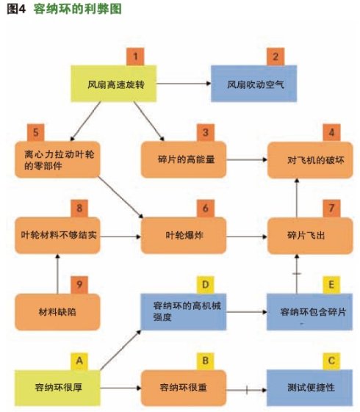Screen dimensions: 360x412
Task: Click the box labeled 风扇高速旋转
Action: pos(114,84)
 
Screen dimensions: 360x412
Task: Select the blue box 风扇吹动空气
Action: pos(254,84)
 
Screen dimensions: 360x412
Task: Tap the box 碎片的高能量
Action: pos(184,159)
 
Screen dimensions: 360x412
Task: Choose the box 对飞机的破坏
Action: pos(310,160)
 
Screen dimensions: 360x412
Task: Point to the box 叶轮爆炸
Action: pos(184,236)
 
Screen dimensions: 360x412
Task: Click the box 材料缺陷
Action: pos(57,312)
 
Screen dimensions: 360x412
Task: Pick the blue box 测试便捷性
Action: pos(309,388)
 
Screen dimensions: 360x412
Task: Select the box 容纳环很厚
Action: pos(57,388)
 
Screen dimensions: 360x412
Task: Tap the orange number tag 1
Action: pos(135,57)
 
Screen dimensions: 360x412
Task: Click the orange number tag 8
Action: pos(79,209)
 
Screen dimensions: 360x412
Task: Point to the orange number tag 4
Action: pos(331,132)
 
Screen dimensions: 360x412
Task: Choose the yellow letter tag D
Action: pos(206,285)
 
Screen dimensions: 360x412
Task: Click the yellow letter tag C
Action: pos(331,361)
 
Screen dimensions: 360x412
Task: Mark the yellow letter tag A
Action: pos(79,361)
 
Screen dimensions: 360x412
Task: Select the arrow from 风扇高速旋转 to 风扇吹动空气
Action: pos(184,84)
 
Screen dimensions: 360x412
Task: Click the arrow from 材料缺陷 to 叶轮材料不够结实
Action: pos(57,274)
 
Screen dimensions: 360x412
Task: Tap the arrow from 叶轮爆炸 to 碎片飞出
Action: pos(247,236)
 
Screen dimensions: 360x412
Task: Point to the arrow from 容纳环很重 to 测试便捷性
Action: pos(246,390)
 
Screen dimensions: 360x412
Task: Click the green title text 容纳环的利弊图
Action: pos(78,9)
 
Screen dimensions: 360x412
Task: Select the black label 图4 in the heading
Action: pos(16,9)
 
